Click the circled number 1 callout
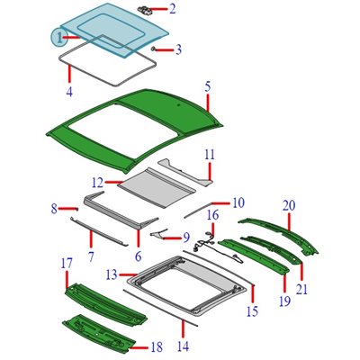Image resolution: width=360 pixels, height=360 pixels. pyautogui.click(x=59, y=37)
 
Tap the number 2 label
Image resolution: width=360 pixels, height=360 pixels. pyautogui.click(x=172, y=9)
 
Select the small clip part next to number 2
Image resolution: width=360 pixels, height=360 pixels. pyautogui.click(x=145, y=9)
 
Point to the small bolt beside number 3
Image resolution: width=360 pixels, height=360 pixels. pyautogui.click(x=153, y=49)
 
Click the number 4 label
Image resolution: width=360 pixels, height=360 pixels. pyautogui.click(x=69, y=91)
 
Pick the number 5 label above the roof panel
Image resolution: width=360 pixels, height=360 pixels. pyautogui.click(x=208, y=86)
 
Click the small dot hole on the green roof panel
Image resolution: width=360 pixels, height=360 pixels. pyautogui.click(x=178, y=105)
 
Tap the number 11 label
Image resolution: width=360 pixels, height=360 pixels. pyautogui.click(x=210, y=155)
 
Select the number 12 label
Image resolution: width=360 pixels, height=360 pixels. pyautogui.click(x=98, y=182)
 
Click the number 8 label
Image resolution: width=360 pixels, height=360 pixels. pyautogui.click(x=54, y=209)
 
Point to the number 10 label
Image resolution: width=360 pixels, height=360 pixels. pyautogui.click(x=238, y=202)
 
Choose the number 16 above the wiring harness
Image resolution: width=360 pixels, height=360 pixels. pyautogui.click(x=212, y=215)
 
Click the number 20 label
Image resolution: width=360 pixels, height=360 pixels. pyautogui.click(x=289, y=206)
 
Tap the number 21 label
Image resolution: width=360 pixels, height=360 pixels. pyautogui.click(x=301, y=289)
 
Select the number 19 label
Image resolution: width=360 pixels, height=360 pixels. pyautogui.click(x=284, y=301)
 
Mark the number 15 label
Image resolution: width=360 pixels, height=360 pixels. pyautogui.click(x=253, y=311)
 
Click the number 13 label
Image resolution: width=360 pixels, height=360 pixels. pyautogui.click(x=112, y=274)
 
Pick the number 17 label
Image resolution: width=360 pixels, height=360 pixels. pyautogui.click(x=67, y=264)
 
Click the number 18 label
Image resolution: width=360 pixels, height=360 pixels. pyautogui.click(x=157, y=347)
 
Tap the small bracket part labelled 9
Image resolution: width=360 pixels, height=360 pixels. pyautogui.click(x=158, y=233)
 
